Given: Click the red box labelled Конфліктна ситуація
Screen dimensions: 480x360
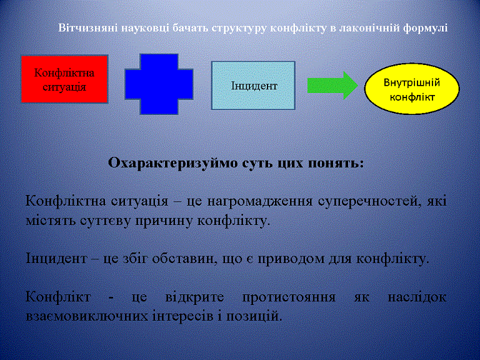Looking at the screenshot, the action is (x=64, y=79).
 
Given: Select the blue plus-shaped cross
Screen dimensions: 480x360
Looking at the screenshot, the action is (x=159, y=84).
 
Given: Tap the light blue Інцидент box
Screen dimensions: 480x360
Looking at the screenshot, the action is (x=253, y=86).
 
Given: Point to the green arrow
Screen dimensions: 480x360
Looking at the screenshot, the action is (x=332, y=86).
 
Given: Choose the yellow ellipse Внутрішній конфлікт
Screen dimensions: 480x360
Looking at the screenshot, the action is (x=412, y=89).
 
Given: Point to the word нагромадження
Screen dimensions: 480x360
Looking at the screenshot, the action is (x=260, y=202).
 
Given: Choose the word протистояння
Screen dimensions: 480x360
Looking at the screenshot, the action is (x=289, y=297).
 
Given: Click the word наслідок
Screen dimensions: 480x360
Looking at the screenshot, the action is (x=417, y=297).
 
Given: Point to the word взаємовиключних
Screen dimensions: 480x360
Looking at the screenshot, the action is (x=86, y=316).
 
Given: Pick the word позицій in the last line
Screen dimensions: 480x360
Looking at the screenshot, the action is (x=254, y=316).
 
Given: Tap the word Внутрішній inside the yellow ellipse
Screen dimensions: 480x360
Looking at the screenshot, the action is (x=412, y=82).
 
